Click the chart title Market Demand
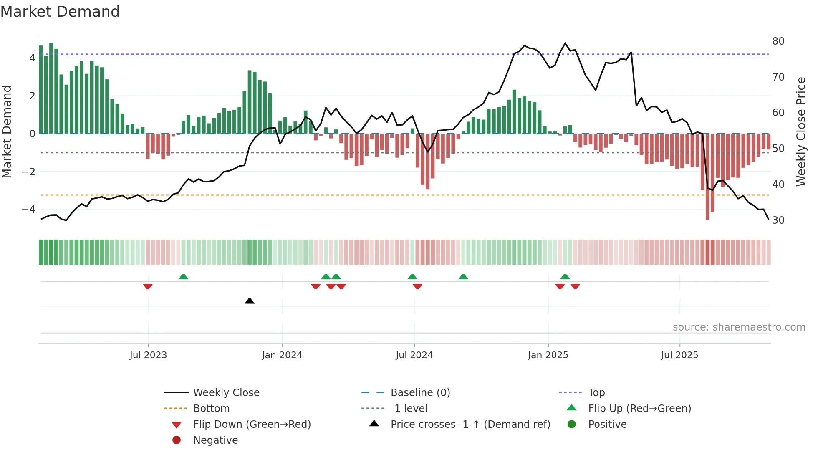(60, 12)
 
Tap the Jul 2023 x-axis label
(148, 355)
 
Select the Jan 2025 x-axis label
(548, 355)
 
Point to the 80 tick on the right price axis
(778, 41)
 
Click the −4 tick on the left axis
(29, 209)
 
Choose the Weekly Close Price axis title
(800, 131)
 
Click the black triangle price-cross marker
(250, 301)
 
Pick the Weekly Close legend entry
(226, 392)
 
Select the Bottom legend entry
(211, 408)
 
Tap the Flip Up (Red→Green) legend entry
(639, 408)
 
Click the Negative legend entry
(215, 440)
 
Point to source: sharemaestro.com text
(739, 327)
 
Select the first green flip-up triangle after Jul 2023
(183, 277)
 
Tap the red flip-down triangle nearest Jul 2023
(148, 286)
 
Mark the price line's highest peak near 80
(565, 43)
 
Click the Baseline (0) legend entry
(420, 392)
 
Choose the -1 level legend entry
(409, 408)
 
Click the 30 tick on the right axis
(778, 220)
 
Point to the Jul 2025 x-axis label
(679, 355)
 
